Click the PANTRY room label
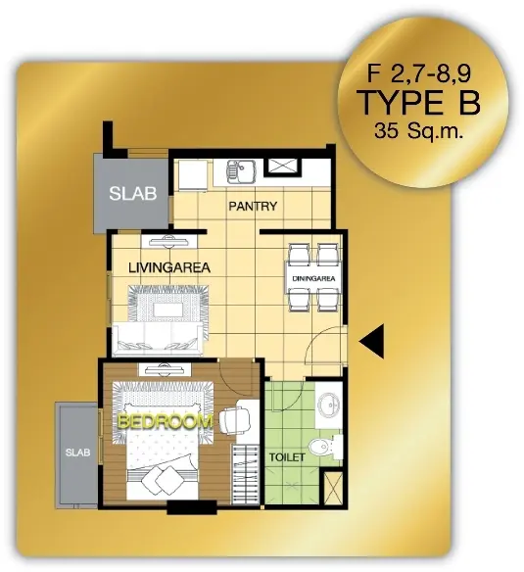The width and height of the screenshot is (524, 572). (x=253, y=206)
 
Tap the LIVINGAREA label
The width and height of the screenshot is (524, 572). (x=169, y=267)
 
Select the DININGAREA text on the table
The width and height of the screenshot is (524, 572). (x=313, y=279)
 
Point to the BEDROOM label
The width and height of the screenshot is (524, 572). (x=166, y=422)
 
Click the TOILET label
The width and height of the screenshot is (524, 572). (x=287, y=457)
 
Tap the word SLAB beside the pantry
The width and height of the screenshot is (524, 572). (x=133, y=193)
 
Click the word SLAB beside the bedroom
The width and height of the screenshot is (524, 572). (x=77, y=453)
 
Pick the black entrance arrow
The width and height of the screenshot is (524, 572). (x=371, y=342)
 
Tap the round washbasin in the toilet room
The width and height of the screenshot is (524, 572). (x=328, y=405)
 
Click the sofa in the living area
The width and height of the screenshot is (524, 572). (x=158, y=340)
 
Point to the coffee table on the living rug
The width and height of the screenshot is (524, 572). (x=167, y=310)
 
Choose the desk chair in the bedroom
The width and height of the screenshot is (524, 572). (x=235, y=420)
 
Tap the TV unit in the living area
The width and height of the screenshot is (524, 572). (x=168, y=242)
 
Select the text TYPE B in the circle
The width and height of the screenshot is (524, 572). (x=420, y=103)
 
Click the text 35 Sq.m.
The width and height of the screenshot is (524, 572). (x=418, y=130)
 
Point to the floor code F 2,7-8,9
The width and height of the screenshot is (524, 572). (x=419, y=73)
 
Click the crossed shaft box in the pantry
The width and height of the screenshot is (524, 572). (x=283, y=167)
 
